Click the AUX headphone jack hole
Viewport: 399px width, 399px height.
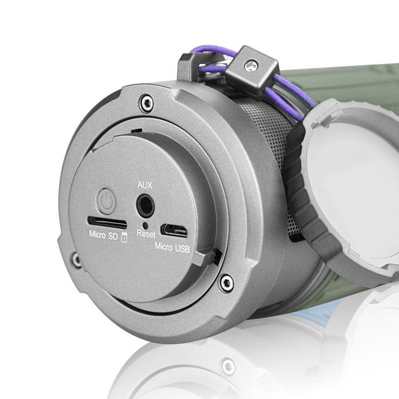pyautogui.click(x=145, y=206)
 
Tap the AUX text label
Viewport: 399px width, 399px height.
pyautogui.click(x=145, y=185)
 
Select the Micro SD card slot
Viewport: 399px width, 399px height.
pyautogui.click(x=107, y=223)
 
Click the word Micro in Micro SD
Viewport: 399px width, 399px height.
pyautogui.click(x=97, y=234)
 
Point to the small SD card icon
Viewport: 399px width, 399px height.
pyautogui.click(x=124, y=237)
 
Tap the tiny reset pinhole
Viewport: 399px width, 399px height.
pyautogui.click(x=145, y=226)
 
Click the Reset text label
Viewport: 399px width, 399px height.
pyautogui.click(x=146, y=234)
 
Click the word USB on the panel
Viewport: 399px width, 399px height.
pyautogui.click(x=182, y=249)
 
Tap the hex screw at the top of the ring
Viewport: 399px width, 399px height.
pyautogui.click(x=147, y=103)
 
